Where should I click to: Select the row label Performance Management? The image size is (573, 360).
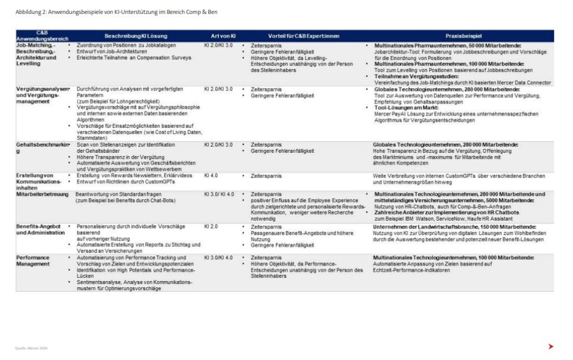33,260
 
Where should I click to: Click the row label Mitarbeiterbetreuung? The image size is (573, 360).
39,194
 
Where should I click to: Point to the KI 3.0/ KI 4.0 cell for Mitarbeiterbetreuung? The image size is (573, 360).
219,194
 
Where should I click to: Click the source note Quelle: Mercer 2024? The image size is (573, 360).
31,348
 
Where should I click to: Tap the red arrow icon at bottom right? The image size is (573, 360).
551,346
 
